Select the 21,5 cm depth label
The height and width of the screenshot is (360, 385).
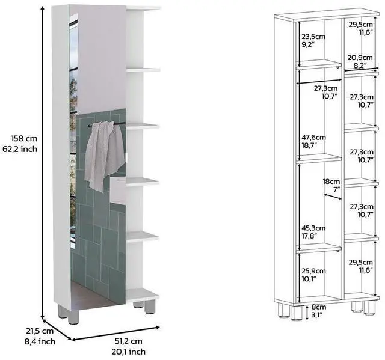coord(23,331)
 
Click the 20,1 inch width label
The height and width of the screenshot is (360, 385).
coord(128,352)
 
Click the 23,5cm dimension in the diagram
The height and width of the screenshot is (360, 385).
coord(313,35)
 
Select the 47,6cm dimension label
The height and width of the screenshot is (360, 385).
coord(313,138)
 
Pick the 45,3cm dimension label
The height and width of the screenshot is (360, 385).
coord(313,228)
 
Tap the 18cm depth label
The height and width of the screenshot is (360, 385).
coord(331,181)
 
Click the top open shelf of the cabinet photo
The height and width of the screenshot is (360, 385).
coord(143,8)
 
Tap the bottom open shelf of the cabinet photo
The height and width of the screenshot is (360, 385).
coord(143,294)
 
